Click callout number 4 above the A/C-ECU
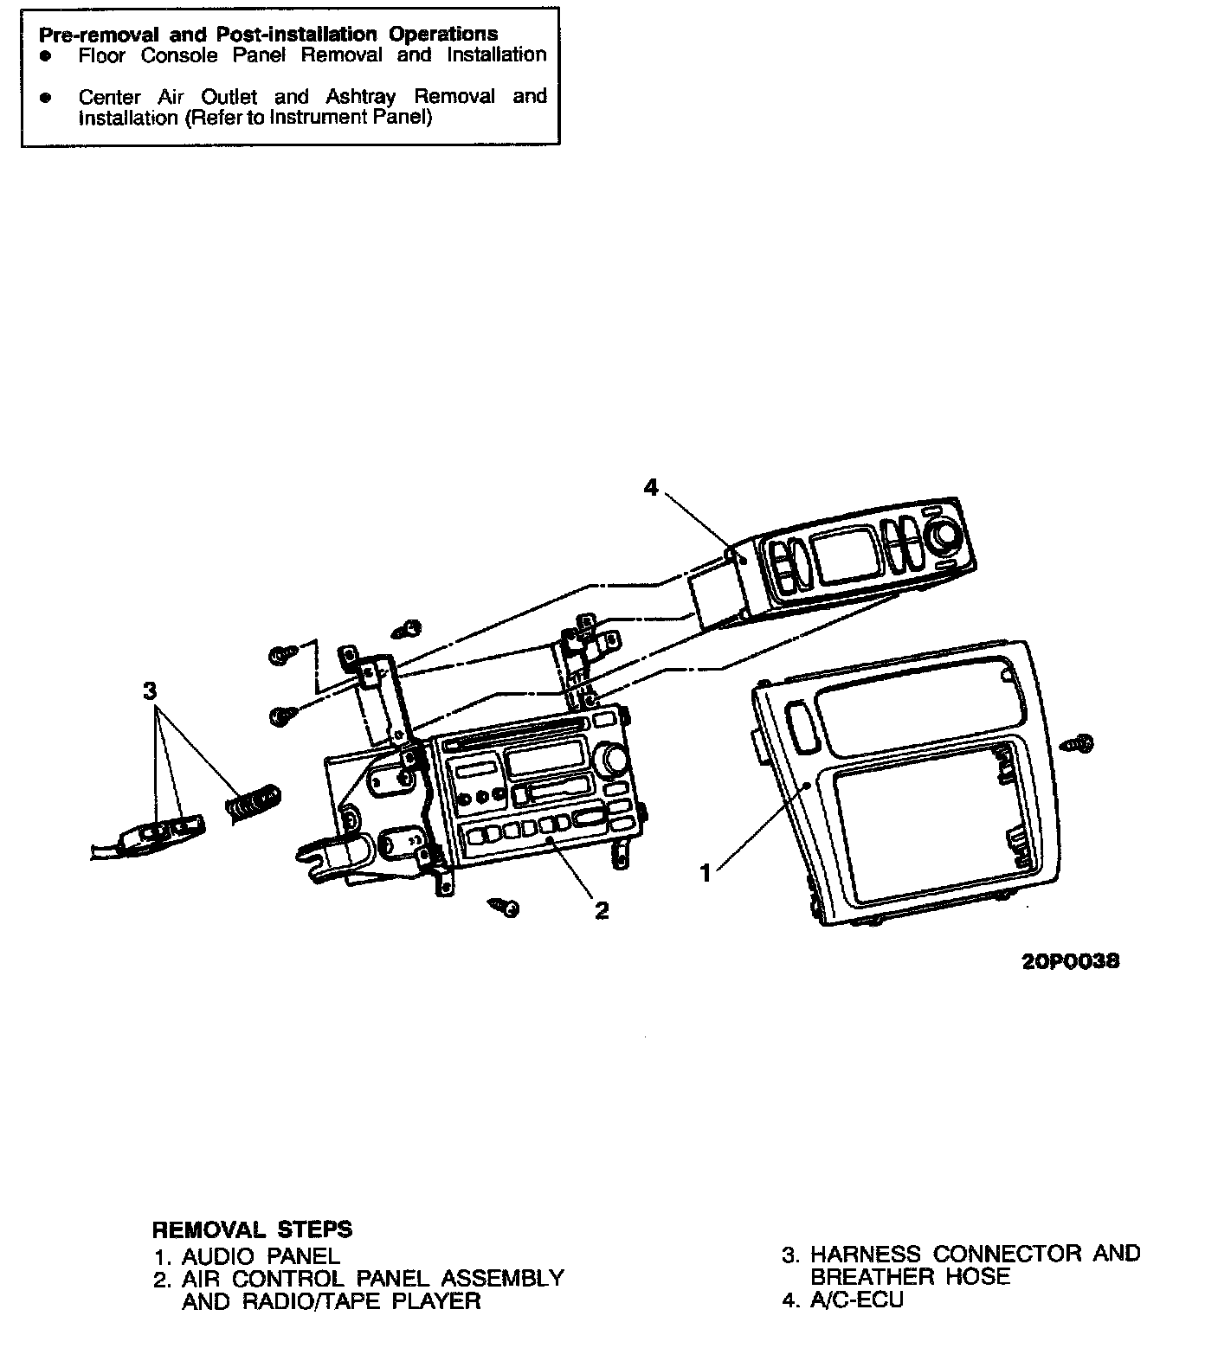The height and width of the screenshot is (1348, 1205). coord(651,488)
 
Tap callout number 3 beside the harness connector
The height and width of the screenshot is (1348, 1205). coord(150,690)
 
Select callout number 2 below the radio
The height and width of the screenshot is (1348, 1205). coord(602,909)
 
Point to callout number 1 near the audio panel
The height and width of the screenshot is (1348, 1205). coord(706,874)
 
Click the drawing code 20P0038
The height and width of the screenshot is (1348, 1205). coord(1071,961)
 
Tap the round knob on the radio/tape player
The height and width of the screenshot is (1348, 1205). coord(616,760)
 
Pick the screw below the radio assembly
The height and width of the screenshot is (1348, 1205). coord(505,907)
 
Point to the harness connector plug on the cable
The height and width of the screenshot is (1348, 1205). coord(164,831)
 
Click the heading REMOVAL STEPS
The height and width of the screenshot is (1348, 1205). coord(252,1229)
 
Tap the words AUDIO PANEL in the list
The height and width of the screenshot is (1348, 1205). coord(261,1255)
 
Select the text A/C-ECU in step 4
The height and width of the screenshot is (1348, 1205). coord(856,1300)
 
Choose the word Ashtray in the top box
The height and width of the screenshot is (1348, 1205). coord(360,96)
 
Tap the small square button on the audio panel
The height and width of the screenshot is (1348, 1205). coord(802,724)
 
